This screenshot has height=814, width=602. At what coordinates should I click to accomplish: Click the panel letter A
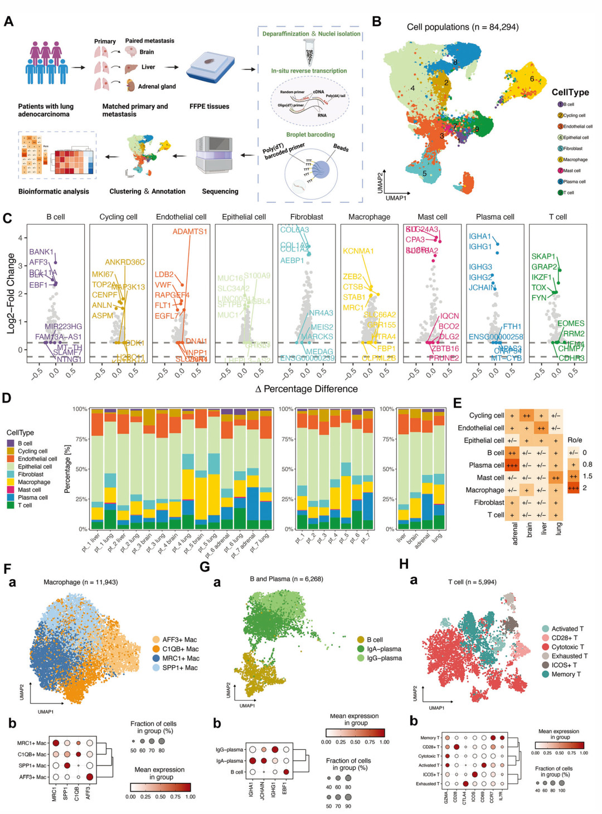pos(8,21)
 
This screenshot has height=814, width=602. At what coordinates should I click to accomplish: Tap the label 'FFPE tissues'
pos(209,106)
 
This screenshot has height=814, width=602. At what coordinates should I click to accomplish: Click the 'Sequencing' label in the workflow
pos(220,191)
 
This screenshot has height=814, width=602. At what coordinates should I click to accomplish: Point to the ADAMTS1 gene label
pos(190,231)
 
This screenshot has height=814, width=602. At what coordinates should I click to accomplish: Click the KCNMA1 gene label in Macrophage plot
pos(358,251)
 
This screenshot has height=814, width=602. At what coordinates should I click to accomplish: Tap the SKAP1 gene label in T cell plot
pos(543,256)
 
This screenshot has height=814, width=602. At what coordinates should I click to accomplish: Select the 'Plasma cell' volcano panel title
pos(495,217)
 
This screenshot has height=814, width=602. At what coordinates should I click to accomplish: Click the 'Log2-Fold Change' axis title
pos(11,293)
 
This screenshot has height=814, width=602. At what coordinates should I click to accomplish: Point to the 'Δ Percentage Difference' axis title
pos(306,389)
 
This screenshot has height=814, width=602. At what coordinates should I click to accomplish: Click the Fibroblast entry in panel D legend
pos(30,474)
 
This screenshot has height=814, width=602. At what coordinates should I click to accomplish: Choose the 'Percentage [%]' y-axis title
pos(67,468)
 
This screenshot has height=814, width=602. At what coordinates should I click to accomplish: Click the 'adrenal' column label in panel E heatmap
pos(514,533)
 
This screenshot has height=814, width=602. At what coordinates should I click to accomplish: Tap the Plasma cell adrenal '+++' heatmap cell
pos(512,465)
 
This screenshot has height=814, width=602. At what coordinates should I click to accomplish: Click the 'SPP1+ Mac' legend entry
pos(179,667)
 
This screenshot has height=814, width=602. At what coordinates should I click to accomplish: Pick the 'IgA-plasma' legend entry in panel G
pos(383,649)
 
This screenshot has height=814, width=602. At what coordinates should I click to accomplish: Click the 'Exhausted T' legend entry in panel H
pos(569,656)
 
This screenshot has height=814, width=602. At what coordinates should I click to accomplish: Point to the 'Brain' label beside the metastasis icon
pos(147,52)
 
